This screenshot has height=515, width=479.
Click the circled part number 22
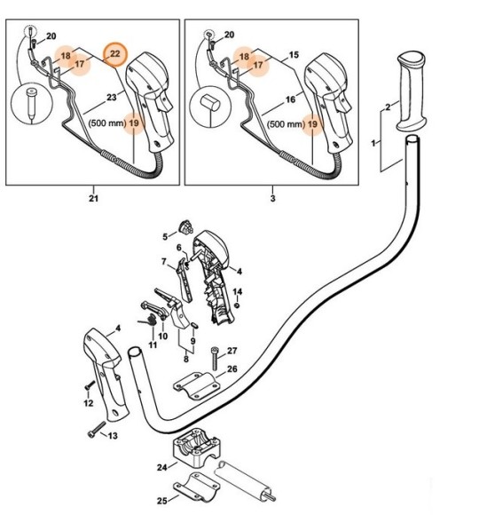pyautogui.click(x=114, y=54)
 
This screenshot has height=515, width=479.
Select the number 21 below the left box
pyautogui.click(x=93, y=198)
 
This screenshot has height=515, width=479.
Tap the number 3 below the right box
pyautogui.click(x=272, y=198)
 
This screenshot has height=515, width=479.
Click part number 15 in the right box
pyautogui.click(x=294, y=55)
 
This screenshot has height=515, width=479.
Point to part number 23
pyautogui.click(x=112, y=98)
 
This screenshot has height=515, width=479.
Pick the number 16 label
pyautogui.click(x=290, y=99)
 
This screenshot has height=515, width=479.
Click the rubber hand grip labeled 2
pyautogui.click(x=412, y=91)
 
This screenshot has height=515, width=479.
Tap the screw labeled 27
pyautogui.click(x=216, y=359)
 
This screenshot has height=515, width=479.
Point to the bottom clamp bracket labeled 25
pyautogui.click(x=196, y=487)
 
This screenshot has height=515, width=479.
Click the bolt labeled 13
pyautogui.click(x=97, y=430)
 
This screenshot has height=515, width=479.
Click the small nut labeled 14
pyautogui.click(x=238, y=305)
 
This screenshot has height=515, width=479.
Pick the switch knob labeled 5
pyautogui.click(x=186, y=227)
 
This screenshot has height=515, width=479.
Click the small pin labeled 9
pyautogui.click(x=193, y=324)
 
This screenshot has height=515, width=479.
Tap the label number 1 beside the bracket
pyautogui.click(x=373, y=143)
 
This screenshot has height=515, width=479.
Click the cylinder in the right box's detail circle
pyautogui.click(x=210, y=102)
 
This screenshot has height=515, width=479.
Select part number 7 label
pyautogui.click(x=164, y=262)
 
